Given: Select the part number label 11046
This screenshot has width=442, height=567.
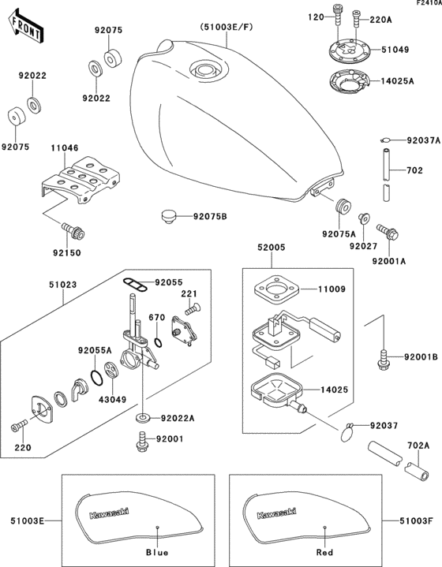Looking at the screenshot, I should [66, 147].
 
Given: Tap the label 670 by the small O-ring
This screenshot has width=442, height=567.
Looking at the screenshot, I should [157, 318].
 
